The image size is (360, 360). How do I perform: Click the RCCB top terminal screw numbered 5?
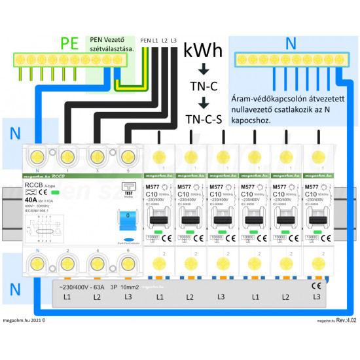(127, 158)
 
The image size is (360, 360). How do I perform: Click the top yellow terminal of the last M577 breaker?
(317, 158)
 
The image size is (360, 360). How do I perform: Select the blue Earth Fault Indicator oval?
(129, 240)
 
